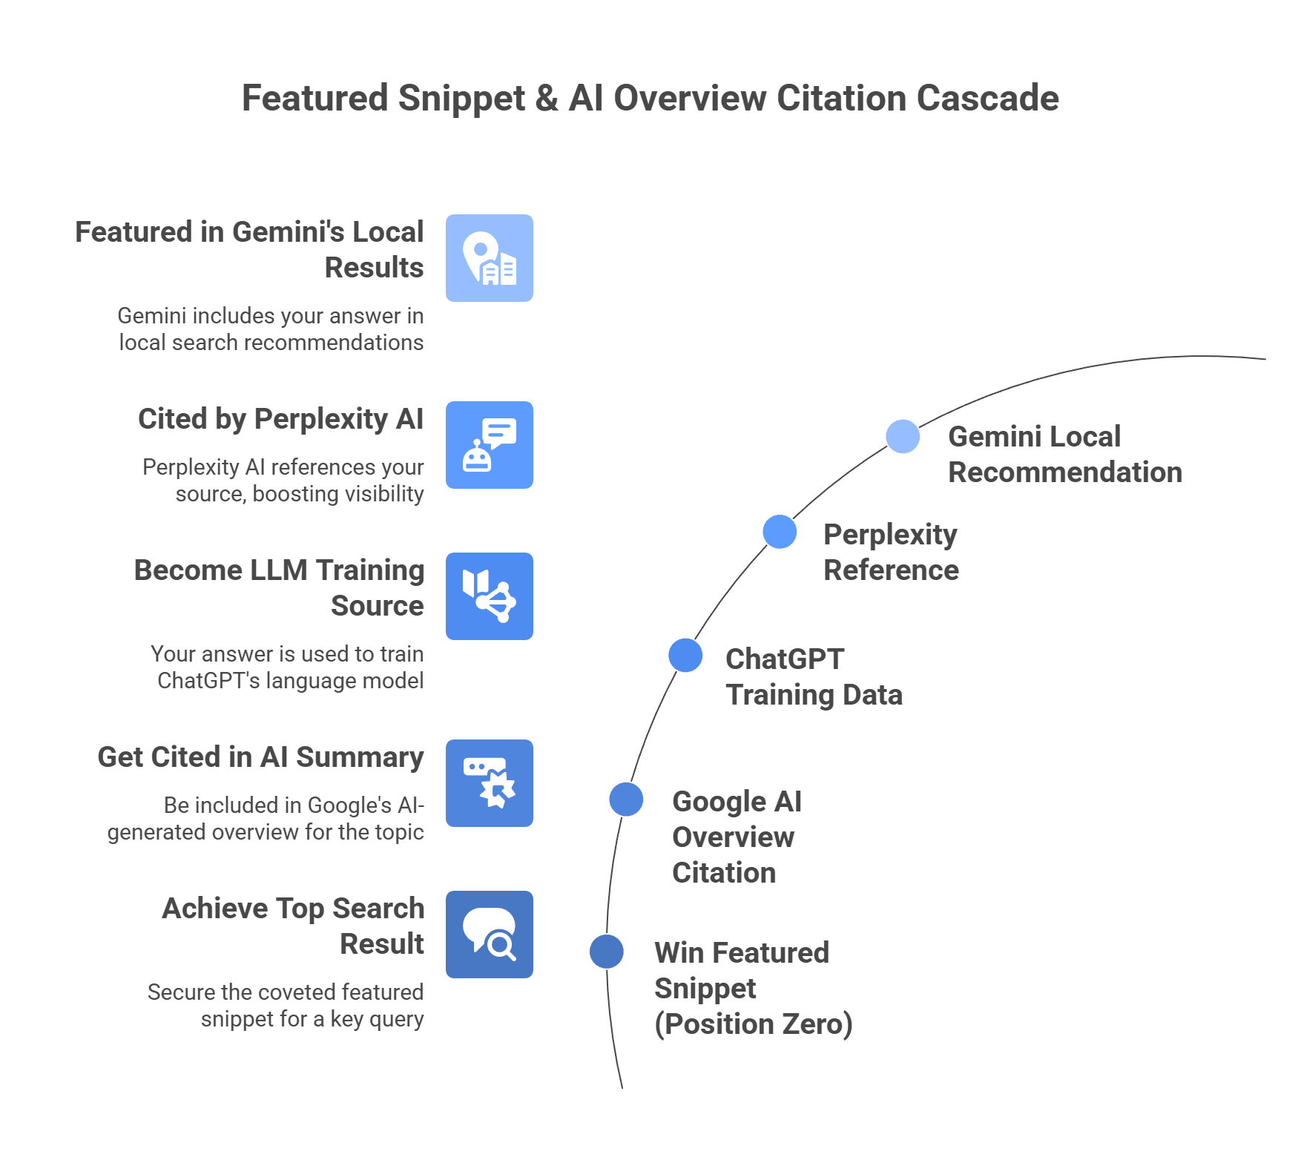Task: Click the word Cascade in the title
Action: [x=987, y=98]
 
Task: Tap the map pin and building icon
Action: [x=490, y=258]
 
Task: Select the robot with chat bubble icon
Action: [x=490, y=445]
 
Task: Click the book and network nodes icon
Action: [x=490, y=596]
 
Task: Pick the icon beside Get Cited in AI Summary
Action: [x=490, y=783]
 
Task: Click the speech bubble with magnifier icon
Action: [x=490, y=935]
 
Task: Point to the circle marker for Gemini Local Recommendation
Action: [x=903, y=436]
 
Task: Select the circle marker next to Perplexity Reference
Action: [x=780, y=532]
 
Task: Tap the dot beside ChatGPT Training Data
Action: [x=685, y=655]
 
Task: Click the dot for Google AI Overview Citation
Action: [x=626, y=799]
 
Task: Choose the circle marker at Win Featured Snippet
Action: [x=607, y=952]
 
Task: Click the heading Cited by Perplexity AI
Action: [x=280, y=419]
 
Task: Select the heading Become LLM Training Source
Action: [x=279, y=587]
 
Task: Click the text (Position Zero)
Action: [x=753, y=1024]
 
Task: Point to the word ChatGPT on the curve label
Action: [x=784, y=659]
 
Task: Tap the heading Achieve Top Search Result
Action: [x=293, y=926]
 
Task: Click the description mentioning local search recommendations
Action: [x=271, y=329]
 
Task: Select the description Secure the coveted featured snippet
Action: [x=286, y=1005]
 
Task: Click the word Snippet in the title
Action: [x=461, y=98]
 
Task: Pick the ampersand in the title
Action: [x=547, y=98]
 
